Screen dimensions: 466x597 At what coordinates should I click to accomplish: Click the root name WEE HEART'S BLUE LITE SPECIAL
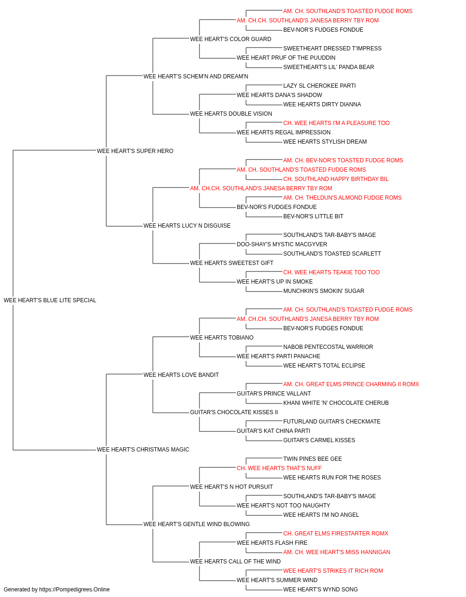coord(50,300)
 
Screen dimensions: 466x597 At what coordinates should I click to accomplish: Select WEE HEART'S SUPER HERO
coord(135,151)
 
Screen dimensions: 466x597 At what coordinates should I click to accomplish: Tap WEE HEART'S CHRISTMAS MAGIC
coord(143,450)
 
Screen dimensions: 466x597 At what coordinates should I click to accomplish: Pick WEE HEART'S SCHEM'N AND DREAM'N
coord(196,76)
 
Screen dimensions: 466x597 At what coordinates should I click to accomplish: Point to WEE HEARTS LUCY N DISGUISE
coord(187,226)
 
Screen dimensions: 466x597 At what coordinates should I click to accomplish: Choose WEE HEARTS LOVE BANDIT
coord(181,375)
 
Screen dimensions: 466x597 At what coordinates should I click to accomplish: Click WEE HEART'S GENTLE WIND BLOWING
coord(197,524)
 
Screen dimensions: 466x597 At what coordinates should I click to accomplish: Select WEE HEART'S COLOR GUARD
coord(231,39)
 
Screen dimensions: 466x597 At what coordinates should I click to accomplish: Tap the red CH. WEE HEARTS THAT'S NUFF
coord(279,468)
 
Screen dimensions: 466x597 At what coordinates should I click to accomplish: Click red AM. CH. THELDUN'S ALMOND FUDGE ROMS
coord(343,198)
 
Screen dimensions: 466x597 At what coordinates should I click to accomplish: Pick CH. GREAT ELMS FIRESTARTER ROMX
coord(336,533)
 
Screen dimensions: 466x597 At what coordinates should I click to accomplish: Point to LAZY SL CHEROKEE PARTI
coord(320,86)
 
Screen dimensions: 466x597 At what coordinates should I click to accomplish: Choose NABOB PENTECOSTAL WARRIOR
coord(328,347)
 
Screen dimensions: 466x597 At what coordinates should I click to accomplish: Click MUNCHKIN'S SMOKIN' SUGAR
coord(324,291)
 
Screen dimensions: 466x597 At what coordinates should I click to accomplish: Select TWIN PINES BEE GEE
coord(313,459)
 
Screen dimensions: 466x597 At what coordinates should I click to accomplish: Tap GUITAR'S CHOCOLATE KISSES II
coord(234,412)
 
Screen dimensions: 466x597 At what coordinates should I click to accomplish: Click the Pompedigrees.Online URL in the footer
coord(75,590)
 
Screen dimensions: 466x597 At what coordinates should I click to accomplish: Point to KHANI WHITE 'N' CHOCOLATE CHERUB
coord(336,403)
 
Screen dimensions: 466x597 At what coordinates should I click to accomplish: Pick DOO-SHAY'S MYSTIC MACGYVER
coord(282,244)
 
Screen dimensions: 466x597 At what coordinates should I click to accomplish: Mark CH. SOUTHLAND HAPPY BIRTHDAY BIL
coord(336,179)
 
